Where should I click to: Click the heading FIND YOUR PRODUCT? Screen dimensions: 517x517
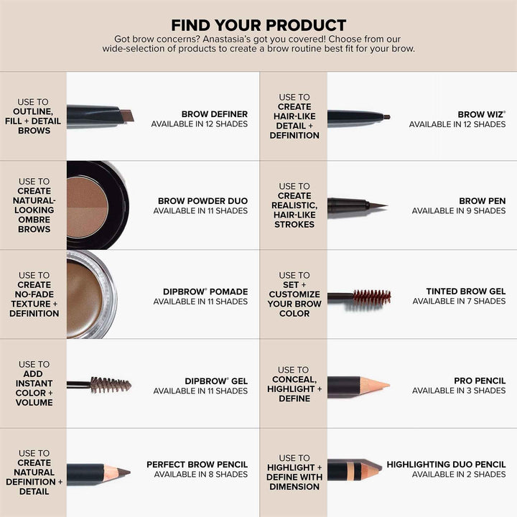point(258,25)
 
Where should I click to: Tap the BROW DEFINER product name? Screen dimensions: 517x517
point(214,113)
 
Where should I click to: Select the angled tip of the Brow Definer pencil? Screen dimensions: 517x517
point(126,115)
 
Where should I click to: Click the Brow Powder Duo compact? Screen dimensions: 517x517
point(96,205)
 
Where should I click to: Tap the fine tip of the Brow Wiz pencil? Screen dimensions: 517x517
point(386,116)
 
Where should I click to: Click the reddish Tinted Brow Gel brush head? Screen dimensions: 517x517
point(371,296)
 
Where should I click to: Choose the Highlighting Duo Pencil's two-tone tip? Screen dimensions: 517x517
point(371,470)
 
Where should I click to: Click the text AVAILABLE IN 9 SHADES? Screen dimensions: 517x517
point(459,211)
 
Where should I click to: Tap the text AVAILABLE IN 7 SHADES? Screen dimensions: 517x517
point(459,302)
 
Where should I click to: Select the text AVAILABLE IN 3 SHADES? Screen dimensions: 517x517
point(459,391)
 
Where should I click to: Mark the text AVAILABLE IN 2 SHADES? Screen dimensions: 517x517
point(459,475)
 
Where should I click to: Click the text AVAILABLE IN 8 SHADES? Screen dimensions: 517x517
point(200,475)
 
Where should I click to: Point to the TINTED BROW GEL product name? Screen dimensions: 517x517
point(466,292)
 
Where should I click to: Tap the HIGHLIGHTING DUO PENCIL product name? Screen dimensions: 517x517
point(446,465)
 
